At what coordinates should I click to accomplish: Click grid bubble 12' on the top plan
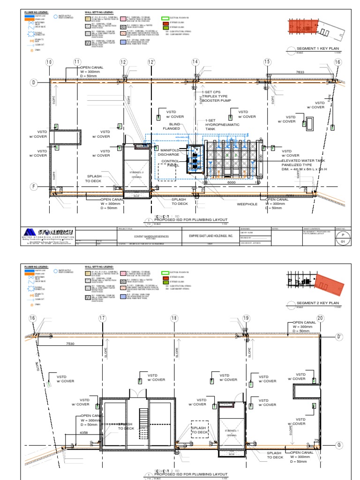coord(151,62)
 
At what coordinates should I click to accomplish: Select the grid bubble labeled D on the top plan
coord(34,82)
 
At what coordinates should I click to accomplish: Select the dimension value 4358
coord(84,432)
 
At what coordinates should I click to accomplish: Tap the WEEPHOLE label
coord(247,204)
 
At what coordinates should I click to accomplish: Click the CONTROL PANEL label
coord(171,163)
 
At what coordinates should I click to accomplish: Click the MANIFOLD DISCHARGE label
coord(168,152)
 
